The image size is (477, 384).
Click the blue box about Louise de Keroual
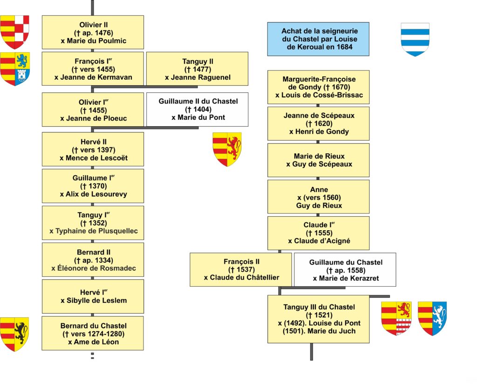coord(318,39)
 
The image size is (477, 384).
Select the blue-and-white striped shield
coord(415,40)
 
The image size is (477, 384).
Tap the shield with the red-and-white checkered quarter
coord(14,32)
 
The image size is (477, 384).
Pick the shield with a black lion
coord(14,334)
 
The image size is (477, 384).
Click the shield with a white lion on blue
coord(432,319)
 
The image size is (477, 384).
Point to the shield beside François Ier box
coord(15,69)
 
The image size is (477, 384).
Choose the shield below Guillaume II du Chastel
coord(227,150)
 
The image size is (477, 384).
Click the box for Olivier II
coord(93,32)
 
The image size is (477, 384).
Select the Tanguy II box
coord(197,69)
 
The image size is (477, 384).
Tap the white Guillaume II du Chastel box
coord(197,109)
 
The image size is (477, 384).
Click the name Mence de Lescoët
coord(97,158)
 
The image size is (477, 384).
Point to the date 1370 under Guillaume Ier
coord(98,186)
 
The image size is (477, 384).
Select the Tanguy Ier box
coord(93,223)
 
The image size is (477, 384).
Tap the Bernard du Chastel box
coord(93,333)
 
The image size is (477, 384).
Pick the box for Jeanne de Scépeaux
coord(319,123)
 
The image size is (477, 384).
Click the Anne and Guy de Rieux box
coord(319,197)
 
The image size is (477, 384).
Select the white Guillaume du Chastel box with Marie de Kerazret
coord(345,269)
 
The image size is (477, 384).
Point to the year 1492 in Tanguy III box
coord(293,323)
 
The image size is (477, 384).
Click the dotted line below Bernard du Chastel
coord(93,356)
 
